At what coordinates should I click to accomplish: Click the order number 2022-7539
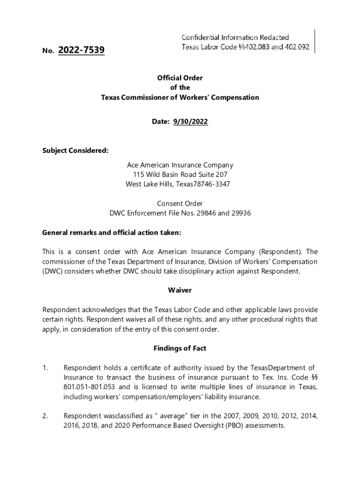click(81, 50)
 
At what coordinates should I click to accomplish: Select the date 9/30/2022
click(190, 122)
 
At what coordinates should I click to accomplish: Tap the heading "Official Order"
click(180, 78)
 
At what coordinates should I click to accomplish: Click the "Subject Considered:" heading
click(75, 151)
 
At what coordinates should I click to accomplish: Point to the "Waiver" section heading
click(180, 290)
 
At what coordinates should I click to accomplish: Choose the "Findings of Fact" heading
click(180, 348)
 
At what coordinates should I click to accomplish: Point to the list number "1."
click(45, 368)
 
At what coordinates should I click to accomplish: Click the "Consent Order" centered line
click(180, 203)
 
